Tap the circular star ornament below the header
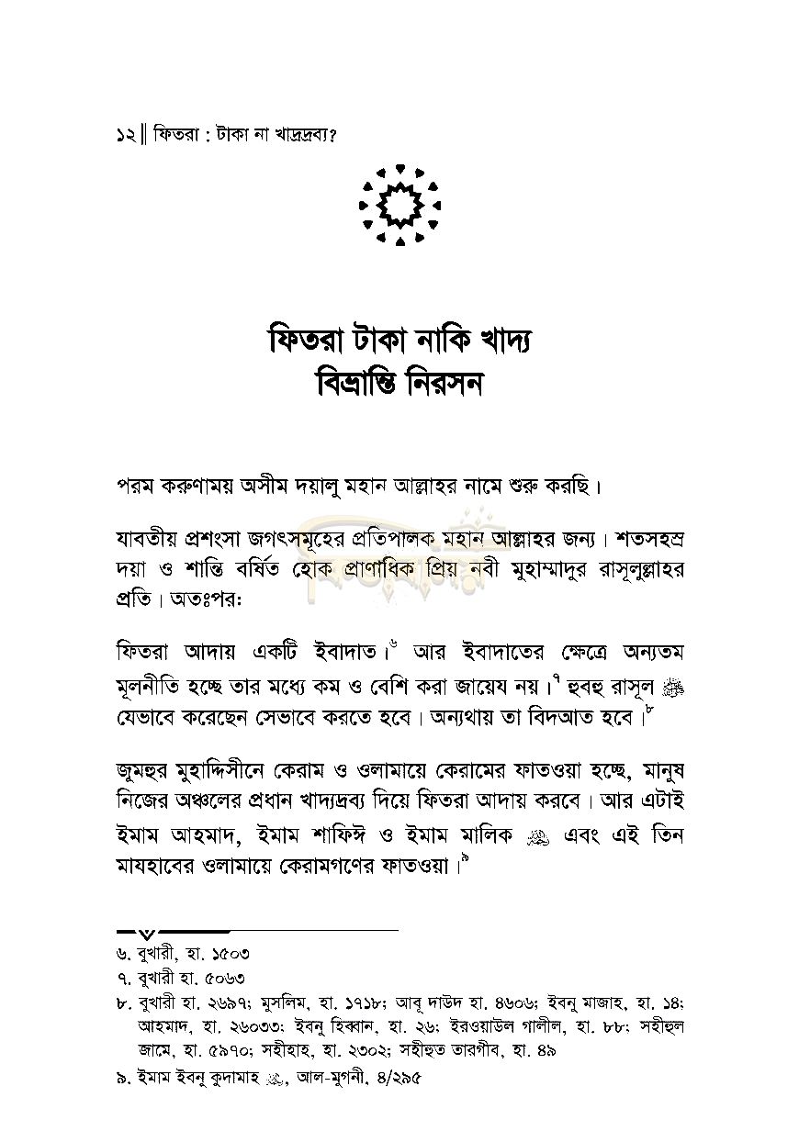pyautogui.click(x=399, y=205)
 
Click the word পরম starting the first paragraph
pyautogui.click(x=139, y=485)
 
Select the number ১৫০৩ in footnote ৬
pyautogui.click(x=228, y=955)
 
